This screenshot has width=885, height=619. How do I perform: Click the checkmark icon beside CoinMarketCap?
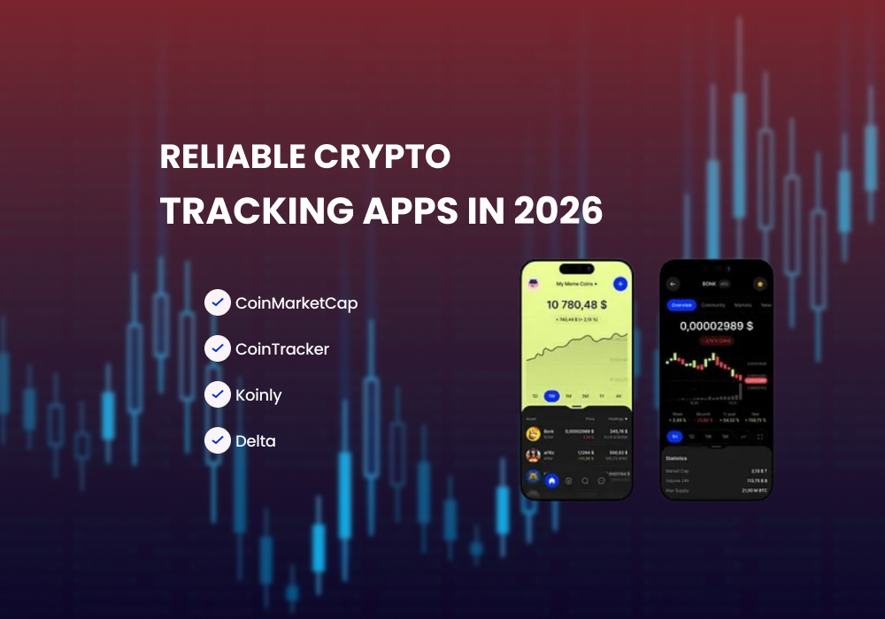click(x=217, y=303)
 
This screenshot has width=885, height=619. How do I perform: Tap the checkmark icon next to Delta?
click(x=217, y=440)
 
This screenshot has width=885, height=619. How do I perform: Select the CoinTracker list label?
click(x=282, y=349)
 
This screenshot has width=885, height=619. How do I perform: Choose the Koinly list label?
click(x=258, y=395)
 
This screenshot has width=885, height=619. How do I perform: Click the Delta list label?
click(x=256, y=440)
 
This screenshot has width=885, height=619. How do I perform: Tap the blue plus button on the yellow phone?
click(x=619, y=285)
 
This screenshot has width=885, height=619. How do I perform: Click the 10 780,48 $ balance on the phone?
click(x=576, y=305)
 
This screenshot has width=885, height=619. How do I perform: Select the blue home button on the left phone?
click(x=551, y=481)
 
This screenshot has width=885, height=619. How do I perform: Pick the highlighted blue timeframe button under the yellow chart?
click(x=551, y=396)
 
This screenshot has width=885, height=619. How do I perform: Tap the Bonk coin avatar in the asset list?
click(x=534, y=433)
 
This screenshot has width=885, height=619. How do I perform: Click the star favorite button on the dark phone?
click(x=758, y=284)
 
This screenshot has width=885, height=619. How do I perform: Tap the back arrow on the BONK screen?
click(x=673, y=284)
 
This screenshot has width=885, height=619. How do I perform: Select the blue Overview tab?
click(x=681, y=305)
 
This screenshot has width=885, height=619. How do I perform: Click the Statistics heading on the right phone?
click(x=677, y=458)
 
